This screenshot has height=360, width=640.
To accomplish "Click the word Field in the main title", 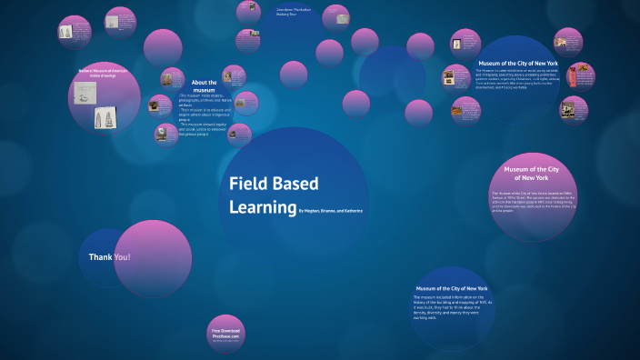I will click(x=247, y=183).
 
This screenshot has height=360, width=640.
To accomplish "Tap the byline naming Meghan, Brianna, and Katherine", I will click(x=331, y=211).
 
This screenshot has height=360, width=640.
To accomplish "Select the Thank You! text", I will click(x=109, y=257).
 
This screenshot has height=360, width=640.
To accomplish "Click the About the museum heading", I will click(x=203, y=86).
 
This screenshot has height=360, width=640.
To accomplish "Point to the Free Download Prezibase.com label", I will click(x=225, y=334).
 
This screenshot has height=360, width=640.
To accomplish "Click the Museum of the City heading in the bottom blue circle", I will click(x=452, y=287).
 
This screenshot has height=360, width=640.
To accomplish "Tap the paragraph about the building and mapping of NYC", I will click(x=452, y=307).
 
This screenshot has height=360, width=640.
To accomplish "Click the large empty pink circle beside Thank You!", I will click(x=153, y=257).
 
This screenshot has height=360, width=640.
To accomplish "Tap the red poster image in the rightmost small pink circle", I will click(x=575, y=79).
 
